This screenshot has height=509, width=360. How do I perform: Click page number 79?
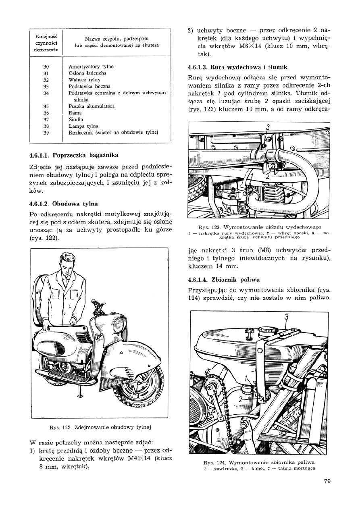click(x=327, y=480)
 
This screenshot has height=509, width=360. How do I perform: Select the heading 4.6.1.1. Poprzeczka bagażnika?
click(x=74, y=155)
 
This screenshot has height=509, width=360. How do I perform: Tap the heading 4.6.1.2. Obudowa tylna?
click(x=64, y=204)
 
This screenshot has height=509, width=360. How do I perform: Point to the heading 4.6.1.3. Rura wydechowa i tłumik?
click(x=237, y=67)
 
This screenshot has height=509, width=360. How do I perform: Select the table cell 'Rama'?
click(x=75, y=113)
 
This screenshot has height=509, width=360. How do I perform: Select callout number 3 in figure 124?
click(x=287, y=317)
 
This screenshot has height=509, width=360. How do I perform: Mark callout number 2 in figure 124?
click(x=241, y=399)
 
